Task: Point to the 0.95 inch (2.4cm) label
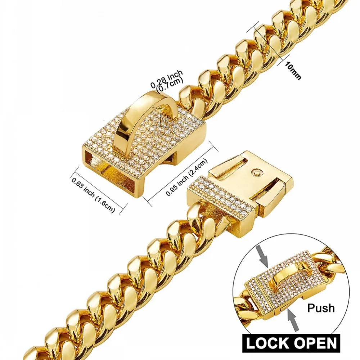187,177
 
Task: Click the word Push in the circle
321,308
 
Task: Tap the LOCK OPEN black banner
292,342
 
